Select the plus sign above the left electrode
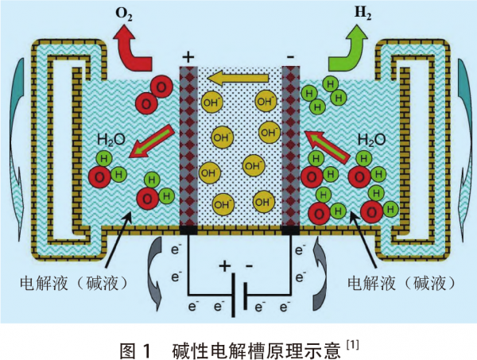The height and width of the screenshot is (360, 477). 188,57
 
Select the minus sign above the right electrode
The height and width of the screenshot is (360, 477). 290,57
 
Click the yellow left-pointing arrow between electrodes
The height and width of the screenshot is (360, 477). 238,79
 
